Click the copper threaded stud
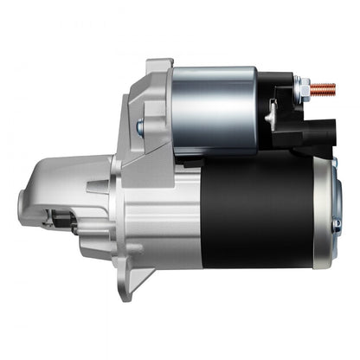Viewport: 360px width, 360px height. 325,87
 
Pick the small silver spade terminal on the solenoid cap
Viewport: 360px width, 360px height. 272,113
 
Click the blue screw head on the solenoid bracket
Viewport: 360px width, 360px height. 139,127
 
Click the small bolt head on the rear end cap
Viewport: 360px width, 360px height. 336,223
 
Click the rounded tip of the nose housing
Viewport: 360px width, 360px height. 23,206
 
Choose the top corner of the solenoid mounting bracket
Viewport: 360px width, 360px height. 155,64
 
